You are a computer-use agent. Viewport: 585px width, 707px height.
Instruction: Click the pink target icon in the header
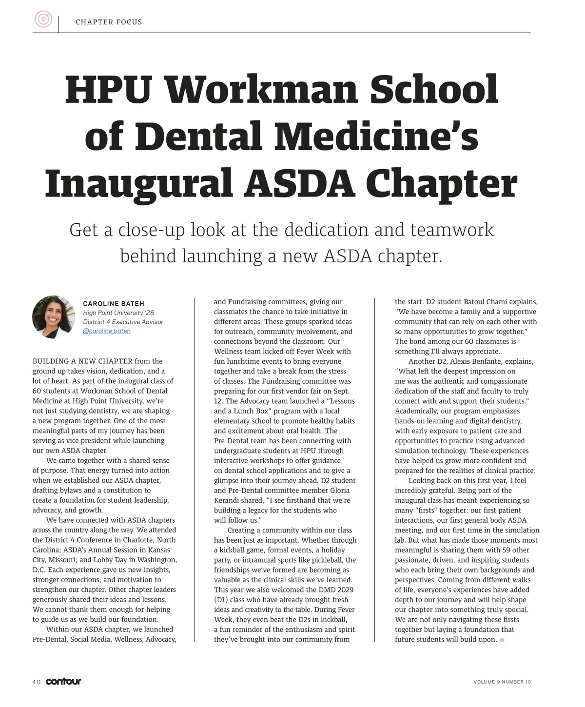tap(43, 20)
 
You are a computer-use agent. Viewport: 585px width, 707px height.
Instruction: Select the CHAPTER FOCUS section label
tap(109, 22)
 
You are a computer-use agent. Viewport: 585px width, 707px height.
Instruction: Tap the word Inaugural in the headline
tap(138, 183)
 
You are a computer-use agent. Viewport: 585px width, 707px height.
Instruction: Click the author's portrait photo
tap(54, 317)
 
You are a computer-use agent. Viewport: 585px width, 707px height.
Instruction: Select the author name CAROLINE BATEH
tap(114, 304)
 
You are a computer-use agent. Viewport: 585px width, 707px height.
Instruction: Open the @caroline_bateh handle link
tap(107, 331)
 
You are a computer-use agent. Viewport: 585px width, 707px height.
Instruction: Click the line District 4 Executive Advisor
tap(123, 322)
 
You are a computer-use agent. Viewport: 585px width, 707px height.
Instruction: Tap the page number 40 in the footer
tap(37, 682)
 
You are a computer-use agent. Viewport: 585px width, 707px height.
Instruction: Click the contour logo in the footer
tap(63, 681)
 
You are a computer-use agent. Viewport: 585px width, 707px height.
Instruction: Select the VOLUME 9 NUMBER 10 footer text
tap(502, 682)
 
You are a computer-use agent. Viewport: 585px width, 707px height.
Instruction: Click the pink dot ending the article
tap(502, 640)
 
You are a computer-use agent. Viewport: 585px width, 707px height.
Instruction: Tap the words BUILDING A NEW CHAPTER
tap(82, 361)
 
